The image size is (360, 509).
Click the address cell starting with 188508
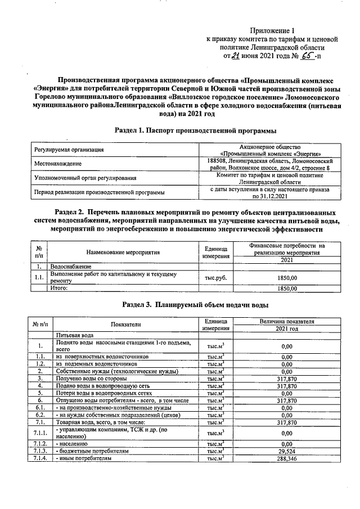coord(268,164)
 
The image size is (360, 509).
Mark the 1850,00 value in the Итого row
coord(287,288)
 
